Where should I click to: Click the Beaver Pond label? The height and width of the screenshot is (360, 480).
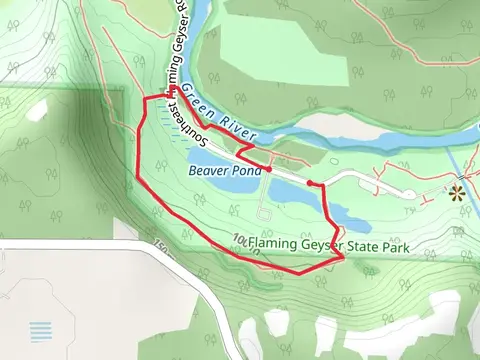pyautogui.click(x=224, y=170)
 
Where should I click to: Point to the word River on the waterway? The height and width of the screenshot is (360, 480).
pyautogui.click(x=241, y=127)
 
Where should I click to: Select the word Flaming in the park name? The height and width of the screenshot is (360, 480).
pyautogui.click(x=273, y=241)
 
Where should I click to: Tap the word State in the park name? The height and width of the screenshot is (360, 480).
pyautogui.click(x=365, y=241)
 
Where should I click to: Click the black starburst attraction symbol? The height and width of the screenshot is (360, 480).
pyautogui.click(x=459, y=191)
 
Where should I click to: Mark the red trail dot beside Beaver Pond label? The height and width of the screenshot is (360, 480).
pyautogui.click(x=269, y=170)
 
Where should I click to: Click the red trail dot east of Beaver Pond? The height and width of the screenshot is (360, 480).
pyautogui.click(x=311, y=183)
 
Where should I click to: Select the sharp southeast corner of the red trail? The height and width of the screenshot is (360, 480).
pyautogui.click(x=342, y=258)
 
